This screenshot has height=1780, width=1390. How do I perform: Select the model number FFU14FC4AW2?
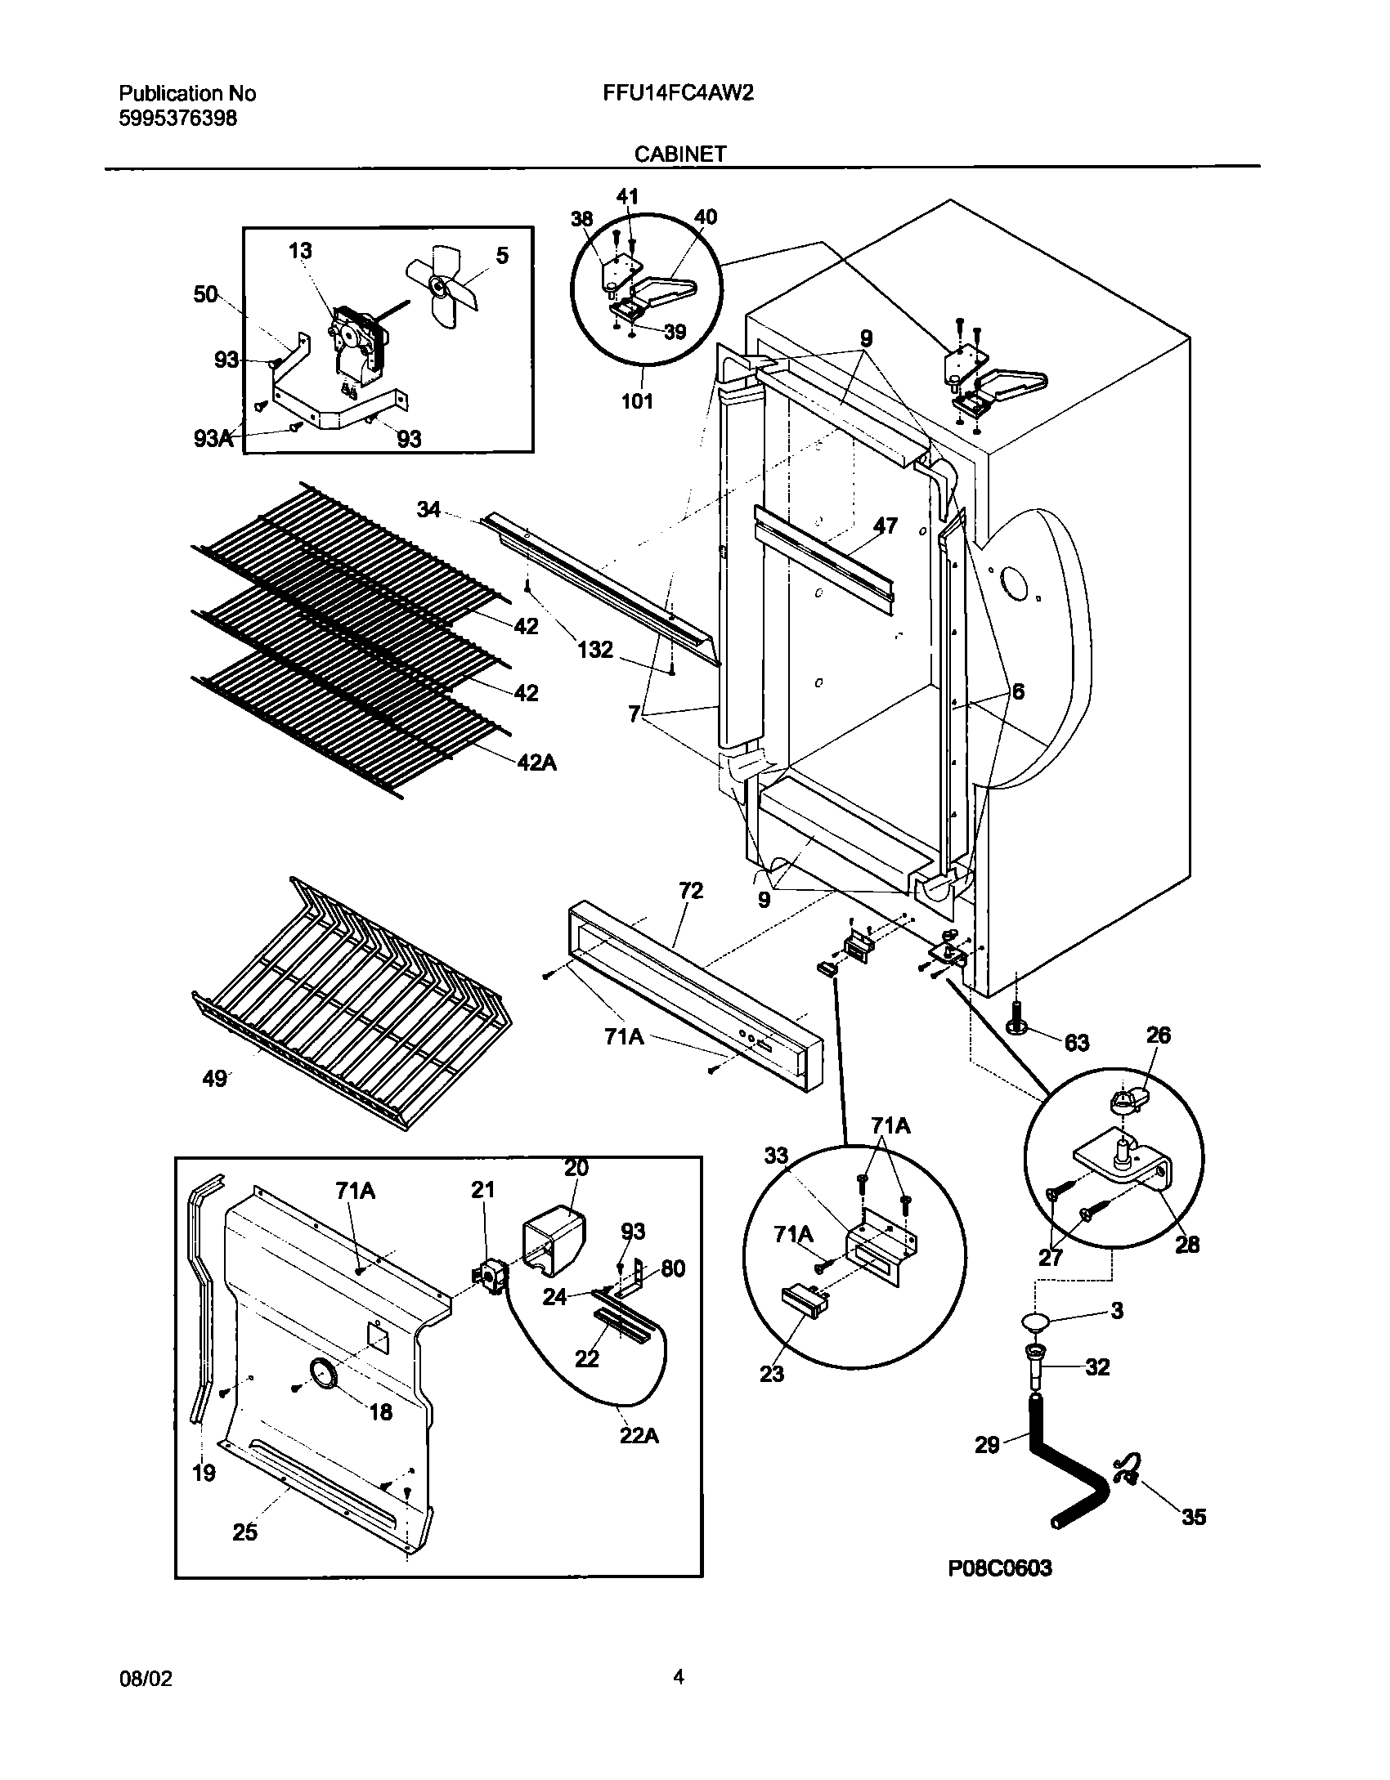click(x=678, y=93)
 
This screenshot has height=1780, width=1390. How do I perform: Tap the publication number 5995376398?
click(x=178, y=119)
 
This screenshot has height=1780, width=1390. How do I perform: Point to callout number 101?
click(x=637, y=401)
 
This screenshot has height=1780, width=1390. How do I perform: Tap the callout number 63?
click(x=1076, y=1043)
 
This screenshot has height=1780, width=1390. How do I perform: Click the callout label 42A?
click(x=536, y=763)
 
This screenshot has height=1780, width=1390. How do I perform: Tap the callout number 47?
click(x=885, y=526)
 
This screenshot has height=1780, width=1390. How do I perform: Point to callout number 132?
click(x=594, y=650)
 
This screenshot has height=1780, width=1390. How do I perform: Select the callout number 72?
click(x=691, y=890)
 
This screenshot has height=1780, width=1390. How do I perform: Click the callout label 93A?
click(x=213, y=439)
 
